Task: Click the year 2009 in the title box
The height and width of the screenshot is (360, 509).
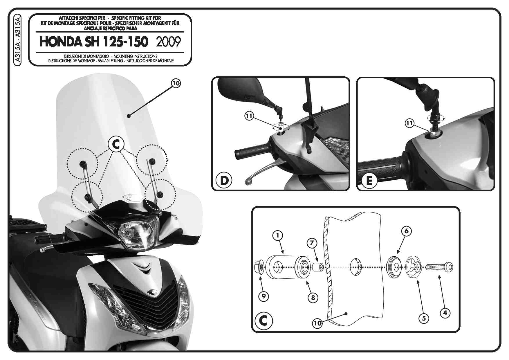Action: click(168, 42)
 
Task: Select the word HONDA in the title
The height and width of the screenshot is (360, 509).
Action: click(61, 42)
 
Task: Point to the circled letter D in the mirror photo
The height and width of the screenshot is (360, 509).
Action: click(224, 180)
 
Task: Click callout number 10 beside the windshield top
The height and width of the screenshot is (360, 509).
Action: click(176, 83)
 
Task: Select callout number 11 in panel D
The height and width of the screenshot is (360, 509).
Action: click(249, 116)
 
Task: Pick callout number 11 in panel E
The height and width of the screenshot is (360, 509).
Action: click(409, 123)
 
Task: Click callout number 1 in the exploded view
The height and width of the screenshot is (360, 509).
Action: click(278, 235)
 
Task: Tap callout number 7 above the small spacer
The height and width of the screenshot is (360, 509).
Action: click(312, 243)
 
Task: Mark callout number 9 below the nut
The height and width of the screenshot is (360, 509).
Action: click(263, 296)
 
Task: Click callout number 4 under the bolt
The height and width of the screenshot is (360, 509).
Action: click(445, 313)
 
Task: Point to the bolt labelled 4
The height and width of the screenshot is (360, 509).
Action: click(439, 267)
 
